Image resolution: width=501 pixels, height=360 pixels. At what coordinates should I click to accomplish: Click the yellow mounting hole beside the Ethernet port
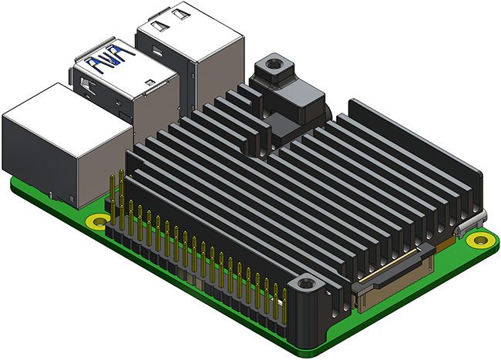(x=97, y=224)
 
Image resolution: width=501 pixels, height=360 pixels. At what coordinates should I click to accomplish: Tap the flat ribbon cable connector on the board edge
(x=393, y=274)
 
